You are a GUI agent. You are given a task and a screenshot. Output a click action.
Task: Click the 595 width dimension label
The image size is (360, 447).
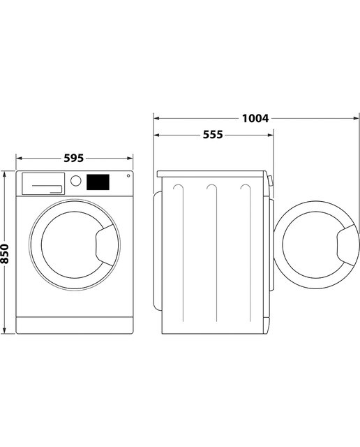pos(73,158)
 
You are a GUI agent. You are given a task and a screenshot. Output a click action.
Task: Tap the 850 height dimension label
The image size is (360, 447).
pos(5,254)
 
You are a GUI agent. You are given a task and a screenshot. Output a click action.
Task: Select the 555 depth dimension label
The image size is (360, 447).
pos(213,135)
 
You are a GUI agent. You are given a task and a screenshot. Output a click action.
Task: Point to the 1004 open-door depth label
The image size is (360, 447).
pos(255,118)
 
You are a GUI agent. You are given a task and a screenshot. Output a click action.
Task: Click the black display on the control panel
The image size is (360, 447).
pos(98,182)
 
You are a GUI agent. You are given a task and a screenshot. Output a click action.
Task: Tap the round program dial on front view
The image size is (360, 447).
pos(76,181)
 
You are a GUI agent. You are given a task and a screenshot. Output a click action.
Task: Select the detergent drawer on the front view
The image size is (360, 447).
pos(43,184)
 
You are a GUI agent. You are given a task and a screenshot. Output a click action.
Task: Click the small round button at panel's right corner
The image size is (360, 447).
pos(128,175)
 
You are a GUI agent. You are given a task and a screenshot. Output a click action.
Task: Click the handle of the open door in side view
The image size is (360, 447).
pos(348,245)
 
